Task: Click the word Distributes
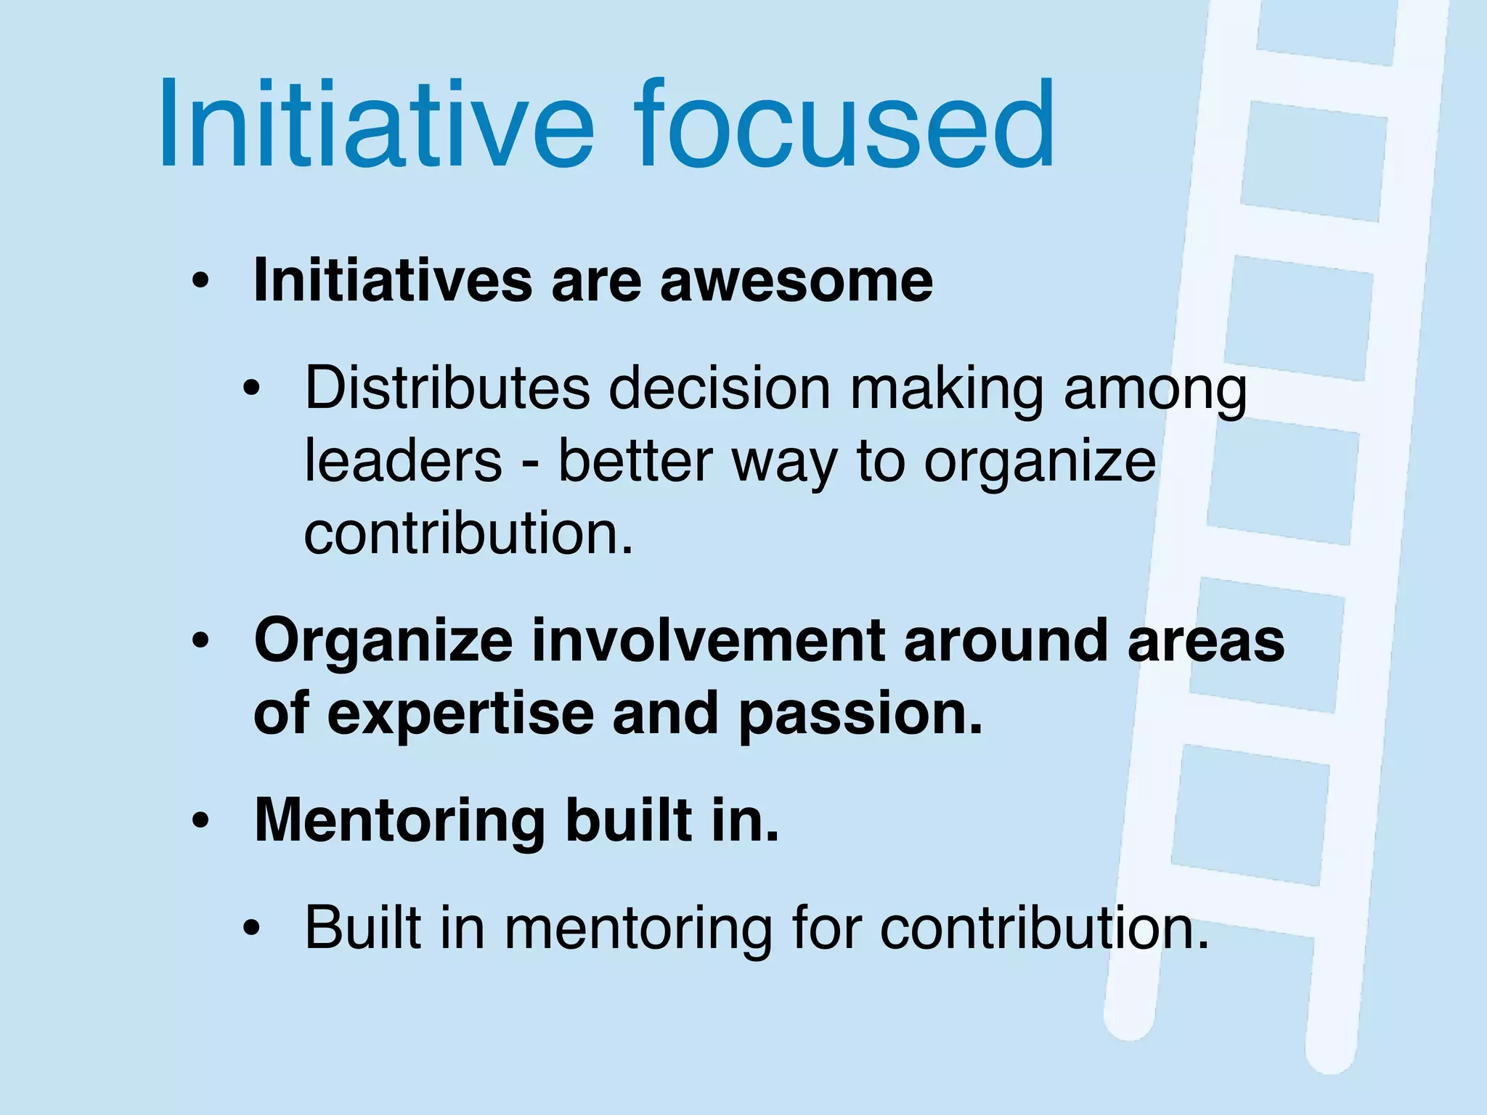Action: coord(447,388)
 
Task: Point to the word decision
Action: coord(719,388)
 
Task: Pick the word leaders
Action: coord(403,461)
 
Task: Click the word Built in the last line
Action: coord(363,928)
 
